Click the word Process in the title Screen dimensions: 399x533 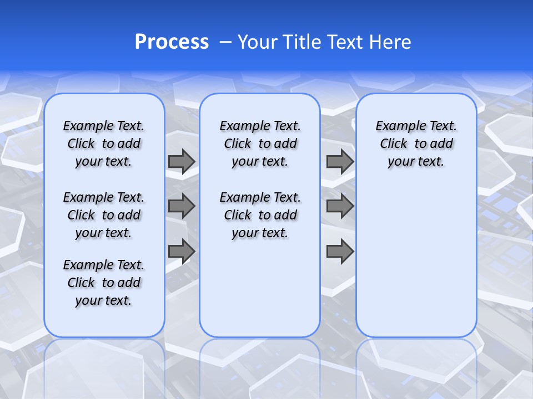[172, 42]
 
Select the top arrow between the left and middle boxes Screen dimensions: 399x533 [182, 161]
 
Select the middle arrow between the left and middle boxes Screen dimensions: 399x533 [182, 206]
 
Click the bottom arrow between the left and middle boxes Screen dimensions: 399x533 [182, 251]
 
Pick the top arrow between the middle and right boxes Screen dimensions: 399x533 [340, 161]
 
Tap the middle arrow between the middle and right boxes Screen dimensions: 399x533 [340, 206]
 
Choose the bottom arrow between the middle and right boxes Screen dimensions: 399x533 [340, 251]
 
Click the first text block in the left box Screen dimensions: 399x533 [104, 144]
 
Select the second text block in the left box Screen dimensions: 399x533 [104, 215]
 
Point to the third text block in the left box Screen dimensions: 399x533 [104, 283]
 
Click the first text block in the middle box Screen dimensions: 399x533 [260, 144]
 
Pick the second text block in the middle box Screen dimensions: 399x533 [260, 215]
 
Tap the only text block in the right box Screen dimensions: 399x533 [416, 144]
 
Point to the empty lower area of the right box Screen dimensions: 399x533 [416, 260]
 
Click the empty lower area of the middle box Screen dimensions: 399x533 [260, 288]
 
